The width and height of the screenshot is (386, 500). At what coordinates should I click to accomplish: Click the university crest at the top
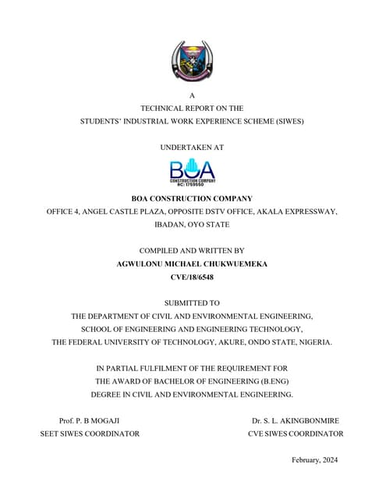[x=192, y=61]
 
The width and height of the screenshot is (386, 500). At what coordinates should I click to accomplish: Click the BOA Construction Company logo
[x=192, y=172]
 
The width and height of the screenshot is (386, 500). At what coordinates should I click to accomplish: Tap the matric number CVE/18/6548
[x=192, y=277]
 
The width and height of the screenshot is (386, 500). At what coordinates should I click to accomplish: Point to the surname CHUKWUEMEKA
[x=234, y=264]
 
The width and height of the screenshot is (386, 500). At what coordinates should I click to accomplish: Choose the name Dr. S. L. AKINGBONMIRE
[x=296, y=420]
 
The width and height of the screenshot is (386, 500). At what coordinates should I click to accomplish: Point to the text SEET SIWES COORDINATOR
[x=90, y=433]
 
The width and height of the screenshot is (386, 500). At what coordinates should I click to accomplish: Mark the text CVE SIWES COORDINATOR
[x=296, y=433]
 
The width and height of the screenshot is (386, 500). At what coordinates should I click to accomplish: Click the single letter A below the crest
[x=192, y=96]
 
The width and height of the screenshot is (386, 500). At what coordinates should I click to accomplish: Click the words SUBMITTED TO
[x=192, y=302]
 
